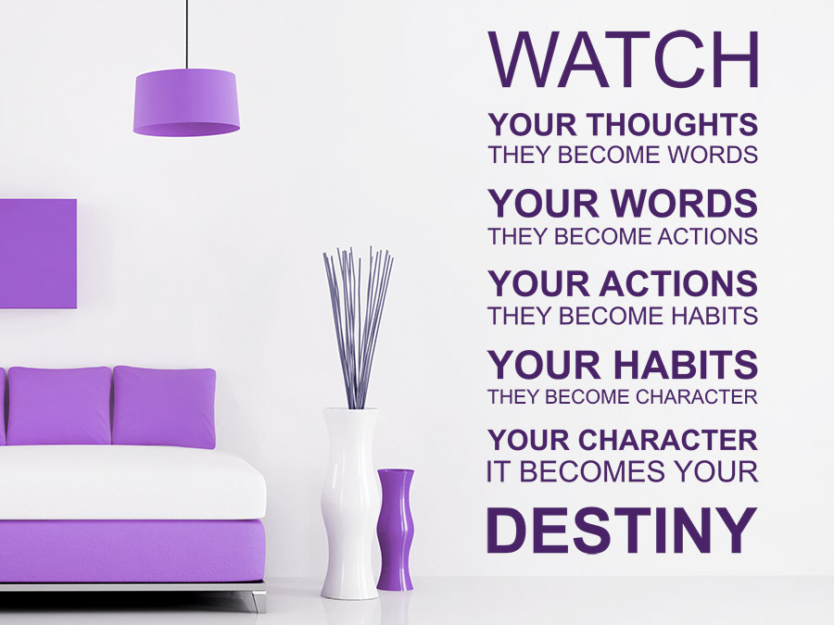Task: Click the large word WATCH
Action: point(623,58)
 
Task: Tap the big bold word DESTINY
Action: point(622,530)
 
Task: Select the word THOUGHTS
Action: point(673,124)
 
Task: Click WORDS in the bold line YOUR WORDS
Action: point(684,203)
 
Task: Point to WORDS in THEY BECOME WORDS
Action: point(713,155)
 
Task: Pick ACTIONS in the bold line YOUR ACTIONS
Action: point(678,283)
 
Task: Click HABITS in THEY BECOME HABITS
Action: point(714,316)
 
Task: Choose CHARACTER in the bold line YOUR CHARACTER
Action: point(667,440)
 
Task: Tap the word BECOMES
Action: point(592,471)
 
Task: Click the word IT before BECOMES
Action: point(499,471)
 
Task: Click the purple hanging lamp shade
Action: point(186,103)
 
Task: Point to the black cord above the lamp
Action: point(186,34)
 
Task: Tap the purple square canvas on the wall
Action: point(38,254)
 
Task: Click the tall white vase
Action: point(350,503)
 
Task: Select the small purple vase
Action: point(396,530)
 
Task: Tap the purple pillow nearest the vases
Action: point(164,406)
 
